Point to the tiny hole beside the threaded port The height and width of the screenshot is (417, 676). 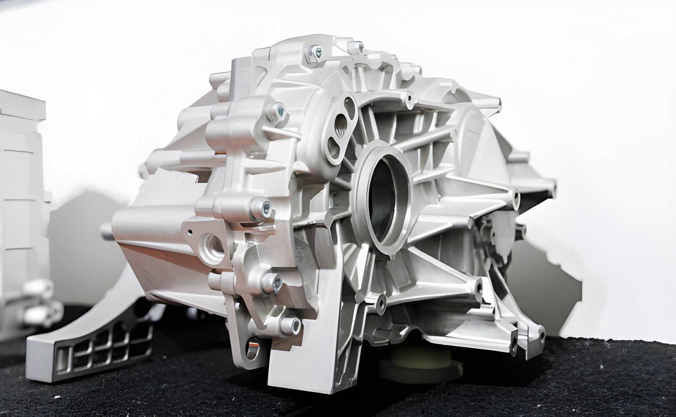point(190,231)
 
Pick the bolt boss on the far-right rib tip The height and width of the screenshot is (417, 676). point(516,195)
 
